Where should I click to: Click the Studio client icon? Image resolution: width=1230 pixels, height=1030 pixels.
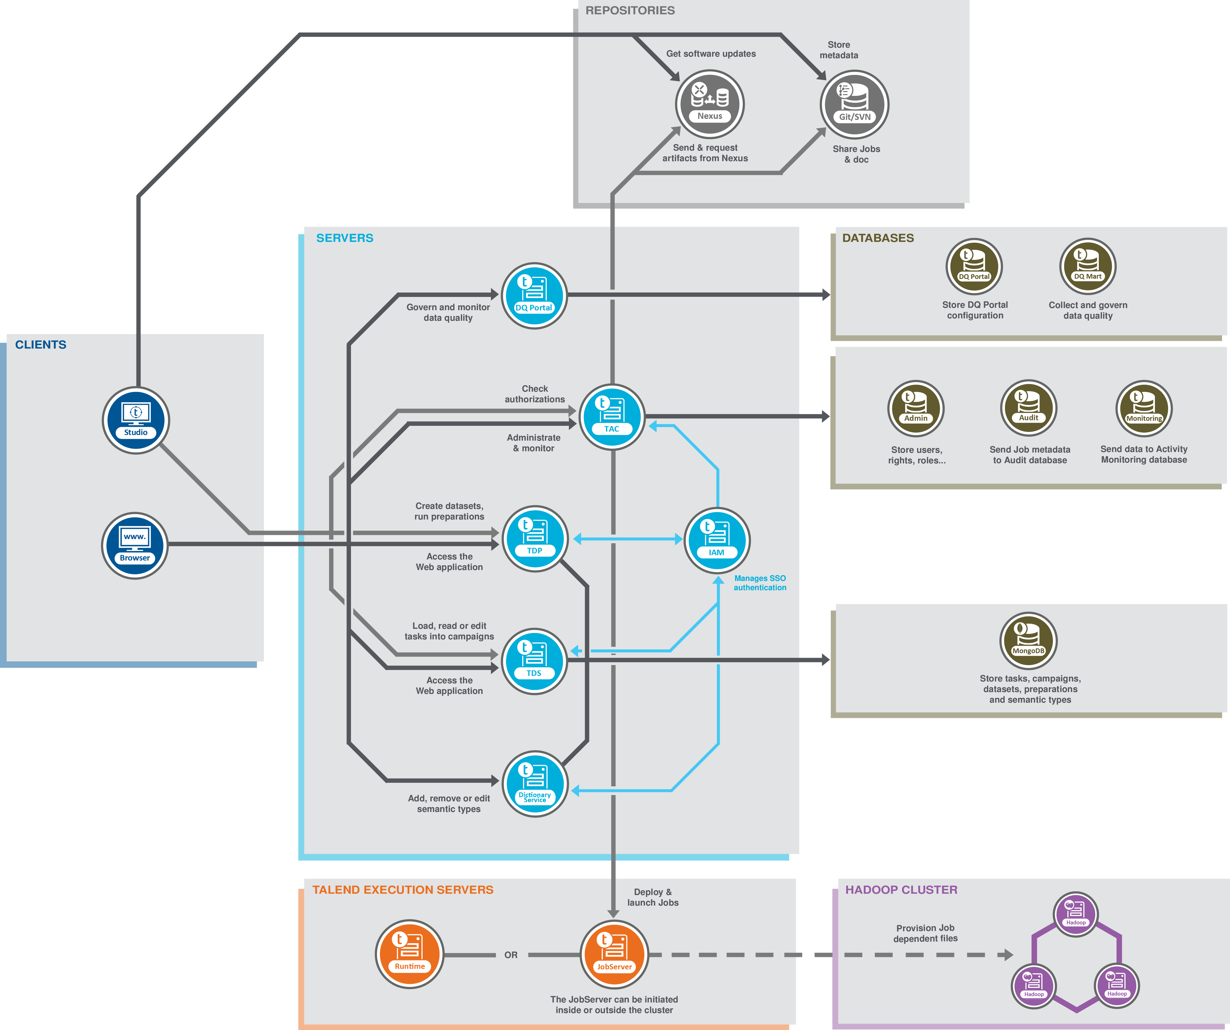click(136, 420)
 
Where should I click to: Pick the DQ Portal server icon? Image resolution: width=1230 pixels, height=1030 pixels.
click(534, 295)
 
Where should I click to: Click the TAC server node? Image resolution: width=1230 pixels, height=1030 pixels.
click(612, 417)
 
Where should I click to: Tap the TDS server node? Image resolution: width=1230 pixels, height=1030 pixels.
click(534, 661)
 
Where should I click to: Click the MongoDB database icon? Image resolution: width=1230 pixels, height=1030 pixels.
click(1028, 640)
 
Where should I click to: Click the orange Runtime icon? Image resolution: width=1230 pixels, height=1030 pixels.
click(409, 954)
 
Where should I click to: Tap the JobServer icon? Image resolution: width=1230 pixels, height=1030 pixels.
click(614, 954)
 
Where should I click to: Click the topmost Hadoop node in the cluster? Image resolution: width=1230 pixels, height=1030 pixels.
click(1075, 913)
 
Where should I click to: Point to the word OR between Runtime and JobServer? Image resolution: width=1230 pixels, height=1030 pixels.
click(511, 955)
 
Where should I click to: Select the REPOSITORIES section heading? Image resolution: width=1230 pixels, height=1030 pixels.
click(630, 11)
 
